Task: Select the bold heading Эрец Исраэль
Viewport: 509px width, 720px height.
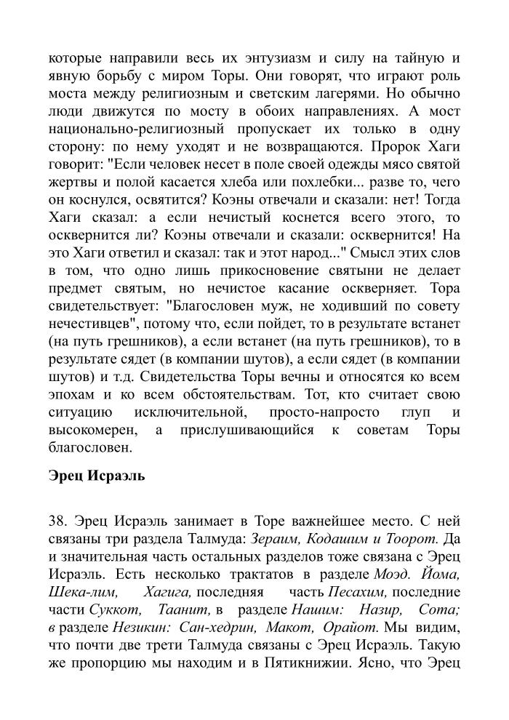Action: click(x=97, y=476)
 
